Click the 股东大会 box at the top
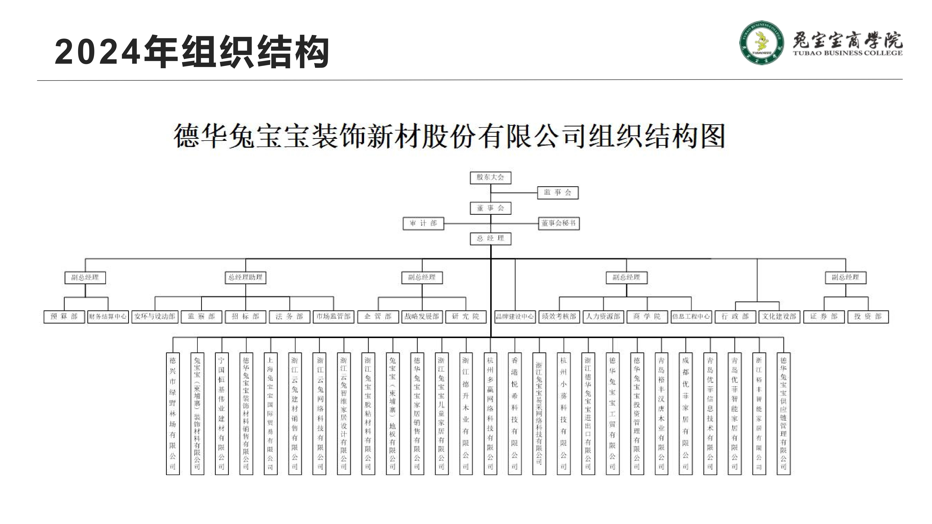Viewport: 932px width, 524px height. click(x=490, y=178)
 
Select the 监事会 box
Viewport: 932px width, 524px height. click(x=558, y=193)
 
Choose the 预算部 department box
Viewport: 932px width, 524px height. click(x=64, y=316)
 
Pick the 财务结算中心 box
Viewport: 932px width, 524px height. click(x=108, y=316)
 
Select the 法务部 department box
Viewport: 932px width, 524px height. click(x=289, y=316)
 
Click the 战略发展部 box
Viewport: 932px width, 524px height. click(x=422, y=316)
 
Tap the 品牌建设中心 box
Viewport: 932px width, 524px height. click(x=515, y=316)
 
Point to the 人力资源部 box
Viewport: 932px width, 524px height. click(x=603, y=316)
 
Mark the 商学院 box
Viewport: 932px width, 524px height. click(x=647, y=316)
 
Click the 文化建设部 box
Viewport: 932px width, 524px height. click(x=779, y=316)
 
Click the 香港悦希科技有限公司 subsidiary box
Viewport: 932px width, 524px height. click(x=514, y=413)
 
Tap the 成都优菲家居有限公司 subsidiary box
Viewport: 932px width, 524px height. click(x=685, y=413)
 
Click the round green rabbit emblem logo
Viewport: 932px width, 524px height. click(x=762, y=43)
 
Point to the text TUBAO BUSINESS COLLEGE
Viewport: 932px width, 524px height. click(x=848, y=53)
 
